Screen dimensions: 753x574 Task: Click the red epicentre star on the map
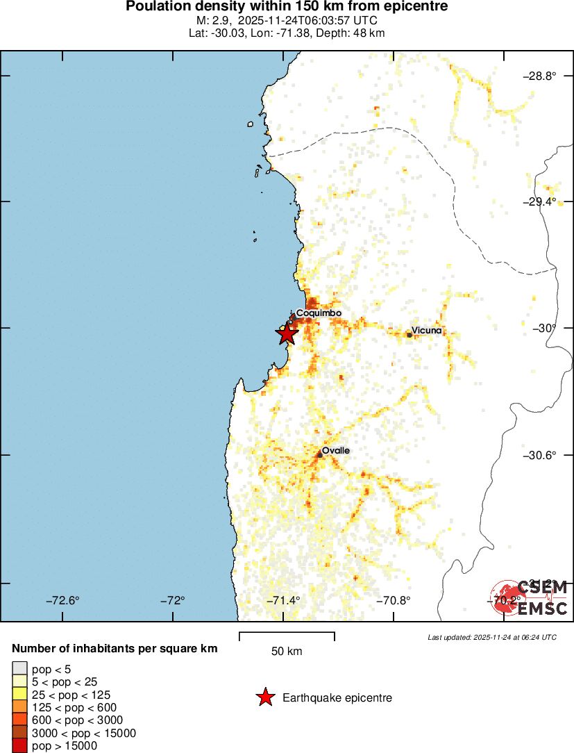(x=287, y=333)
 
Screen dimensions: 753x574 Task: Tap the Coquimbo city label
(x=319, y=313)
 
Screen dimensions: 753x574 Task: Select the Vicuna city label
(x=426, y=330)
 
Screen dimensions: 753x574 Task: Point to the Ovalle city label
(x=336, y=450)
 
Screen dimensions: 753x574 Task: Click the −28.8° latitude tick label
(x=539, y=76)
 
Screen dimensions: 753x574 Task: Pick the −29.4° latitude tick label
(x=539, y=201)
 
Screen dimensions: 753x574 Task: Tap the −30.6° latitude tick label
(x=539, y=455)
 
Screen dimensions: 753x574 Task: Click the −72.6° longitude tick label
(x=63, y=600)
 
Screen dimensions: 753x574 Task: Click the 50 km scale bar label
(x=287, y=652)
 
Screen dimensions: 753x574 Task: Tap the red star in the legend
(x=265, y=697)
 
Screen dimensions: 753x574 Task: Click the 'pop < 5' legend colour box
(x=19, y=669)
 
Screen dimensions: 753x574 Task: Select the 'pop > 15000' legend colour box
(x=19, y=745)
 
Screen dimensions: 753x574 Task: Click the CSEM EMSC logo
(x=530, y=598)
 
